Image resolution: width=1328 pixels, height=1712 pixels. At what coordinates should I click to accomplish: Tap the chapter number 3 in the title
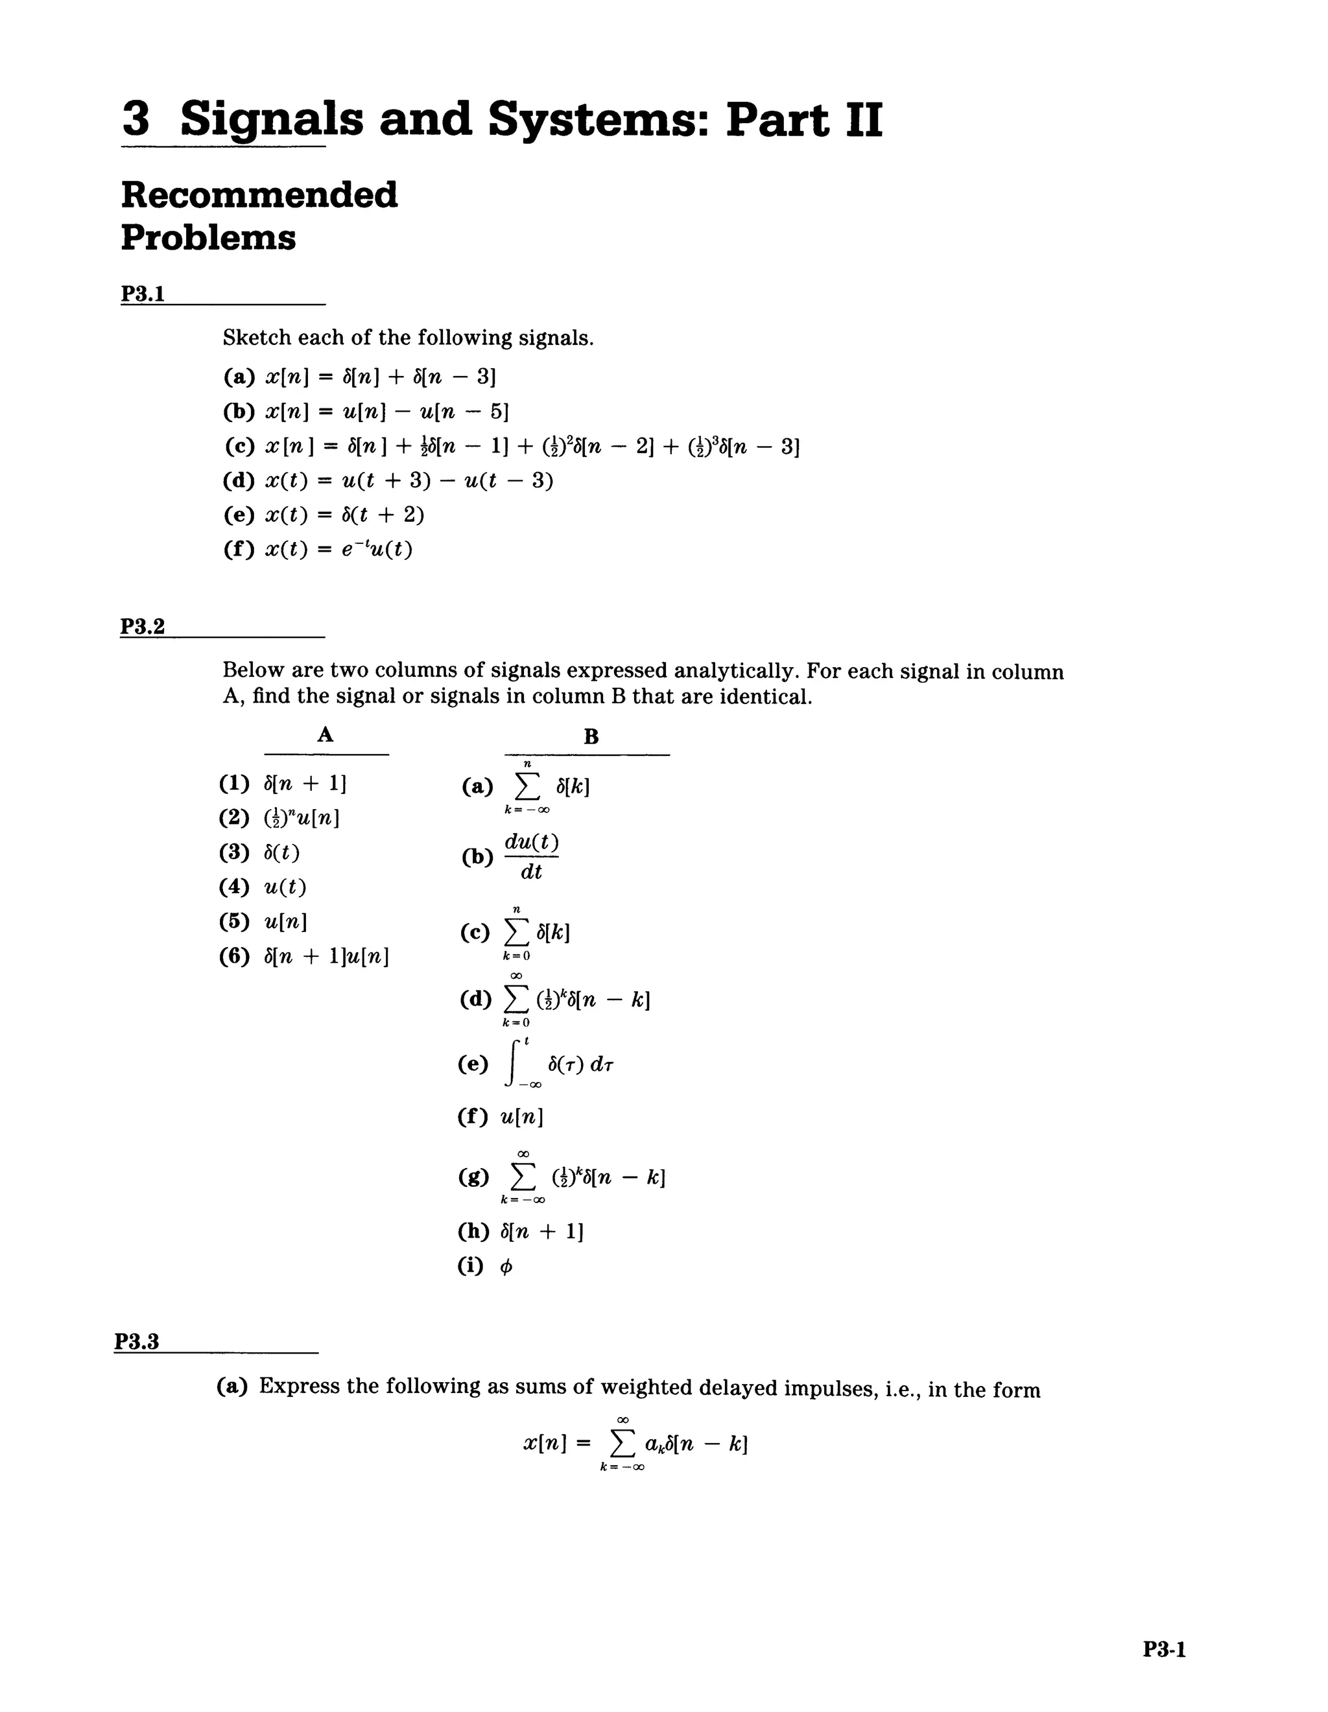[136, 119]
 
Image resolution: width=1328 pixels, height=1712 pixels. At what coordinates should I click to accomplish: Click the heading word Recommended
[259, 194]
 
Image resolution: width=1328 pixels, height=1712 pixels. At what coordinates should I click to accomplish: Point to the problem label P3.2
[143, 626]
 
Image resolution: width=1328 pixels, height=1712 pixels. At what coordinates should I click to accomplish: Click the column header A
[326, 734]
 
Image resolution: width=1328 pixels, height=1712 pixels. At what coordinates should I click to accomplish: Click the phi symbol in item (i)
[506, 1267]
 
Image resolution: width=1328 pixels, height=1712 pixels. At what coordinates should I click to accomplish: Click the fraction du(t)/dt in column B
[532, 857]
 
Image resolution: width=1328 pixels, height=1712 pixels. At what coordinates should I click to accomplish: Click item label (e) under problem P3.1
[239, 515]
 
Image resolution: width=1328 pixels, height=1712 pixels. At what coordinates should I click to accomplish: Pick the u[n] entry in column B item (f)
[521, 1116]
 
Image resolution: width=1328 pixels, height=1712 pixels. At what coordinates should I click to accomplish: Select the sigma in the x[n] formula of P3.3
[622, 1443]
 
